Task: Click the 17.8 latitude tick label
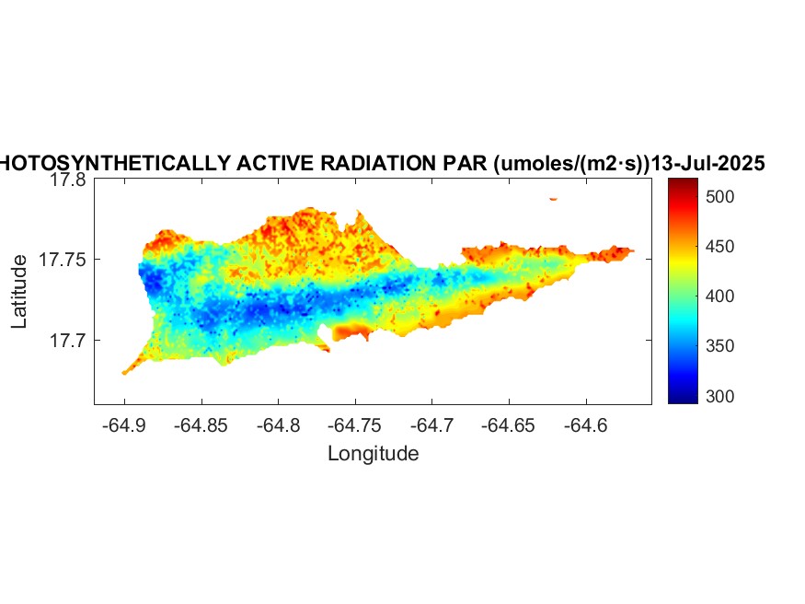point(68,180)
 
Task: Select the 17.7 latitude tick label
point(68,341)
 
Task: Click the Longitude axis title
point(373,453)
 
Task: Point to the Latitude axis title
point(19,293)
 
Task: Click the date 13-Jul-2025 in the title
point(707,164)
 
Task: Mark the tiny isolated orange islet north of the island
point(553,198)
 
